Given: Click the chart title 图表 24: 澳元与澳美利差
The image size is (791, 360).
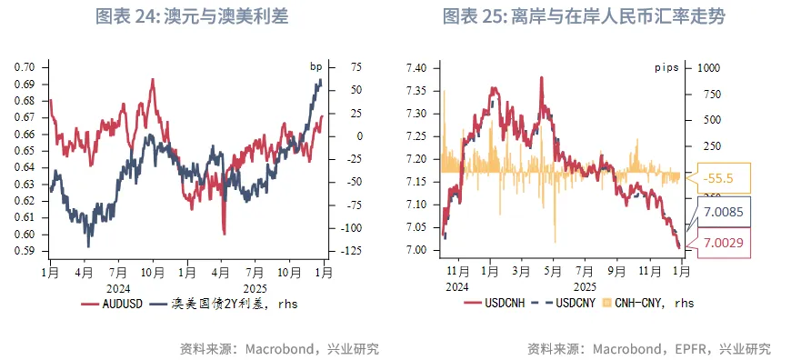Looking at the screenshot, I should pyautogui.click(x=193, y=17).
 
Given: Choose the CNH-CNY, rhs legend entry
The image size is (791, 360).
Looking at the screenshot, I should pyautogui.click(x=649, y=304).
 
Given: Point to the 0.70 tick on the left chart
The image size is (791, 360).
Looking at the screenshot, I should pyautogui.click(x=24, y=67).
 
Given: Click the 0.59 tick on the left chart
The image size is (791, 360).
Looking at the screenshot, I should pyautogui.click(x=24, y=251).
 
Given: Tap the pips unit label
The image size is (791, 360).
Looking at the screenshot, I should pyautogui.click(x=667, y=67).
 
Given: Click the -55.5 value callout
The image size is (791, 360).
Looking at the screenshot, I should pyautogui.click(x=716, y=177).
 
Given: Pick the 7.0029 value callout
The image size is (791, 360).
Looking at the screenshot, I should pyautogui.click(x=719, y=243).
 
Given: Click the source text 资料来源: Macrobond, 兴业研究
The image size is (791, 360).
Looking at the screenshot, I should pyautogui.click(x=280, y=349).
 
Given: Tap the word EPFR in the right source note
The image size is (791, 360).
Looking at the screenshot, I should pyautogui.click(x=688, y=349).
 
